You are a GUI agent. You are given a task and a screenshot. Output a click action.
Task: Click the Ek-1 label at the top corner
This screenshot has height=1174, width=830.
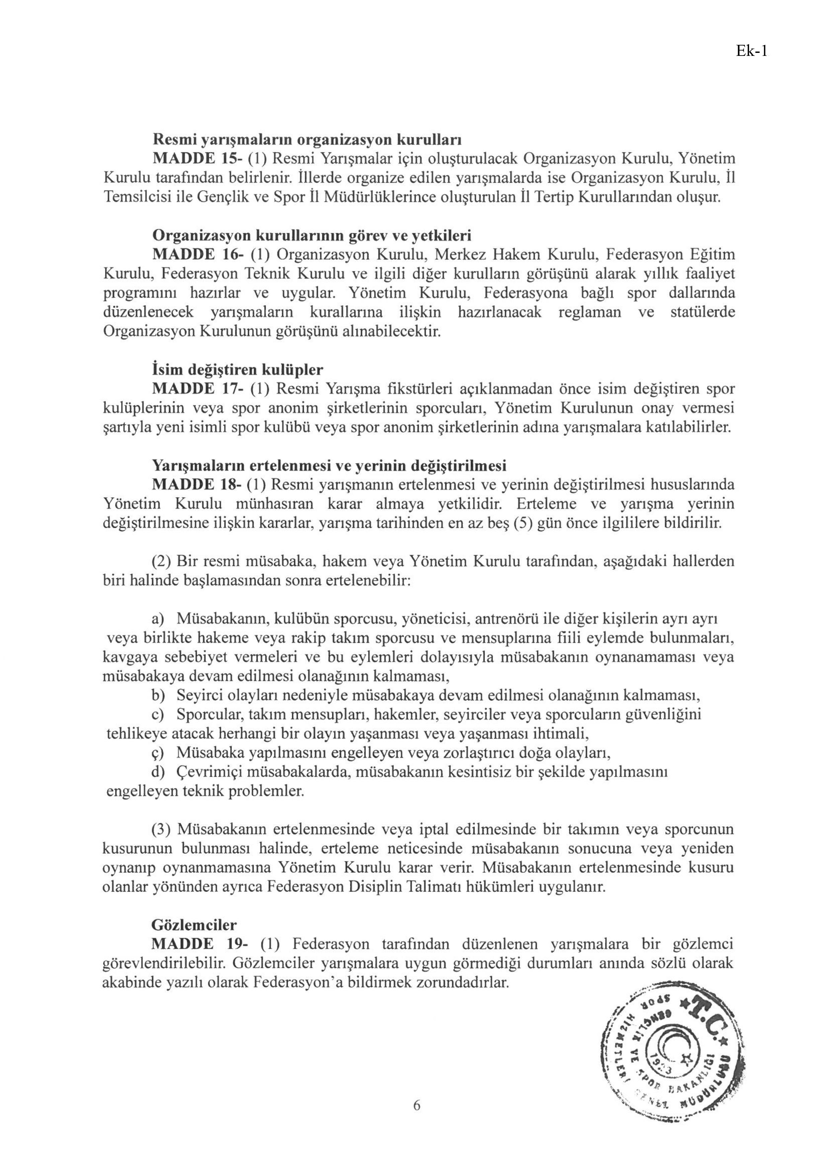(x=751, y=51)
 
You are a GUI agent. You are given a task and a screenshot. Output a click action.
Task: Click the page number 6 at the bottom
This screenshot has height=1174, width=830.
(x=417, y=1105)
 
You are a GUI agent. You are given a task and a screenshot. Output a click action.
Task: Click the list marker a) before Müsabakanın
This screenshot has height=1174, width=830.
(x=158, y=619)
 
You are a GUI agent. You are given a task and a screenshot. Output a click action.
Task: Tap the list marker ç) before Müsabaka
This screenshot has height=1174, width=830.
(x=158, y=753)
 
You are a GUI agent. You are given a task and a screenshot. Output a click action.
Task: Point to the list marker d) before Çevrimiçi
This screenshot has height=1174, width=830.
(x=158, y=772)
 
